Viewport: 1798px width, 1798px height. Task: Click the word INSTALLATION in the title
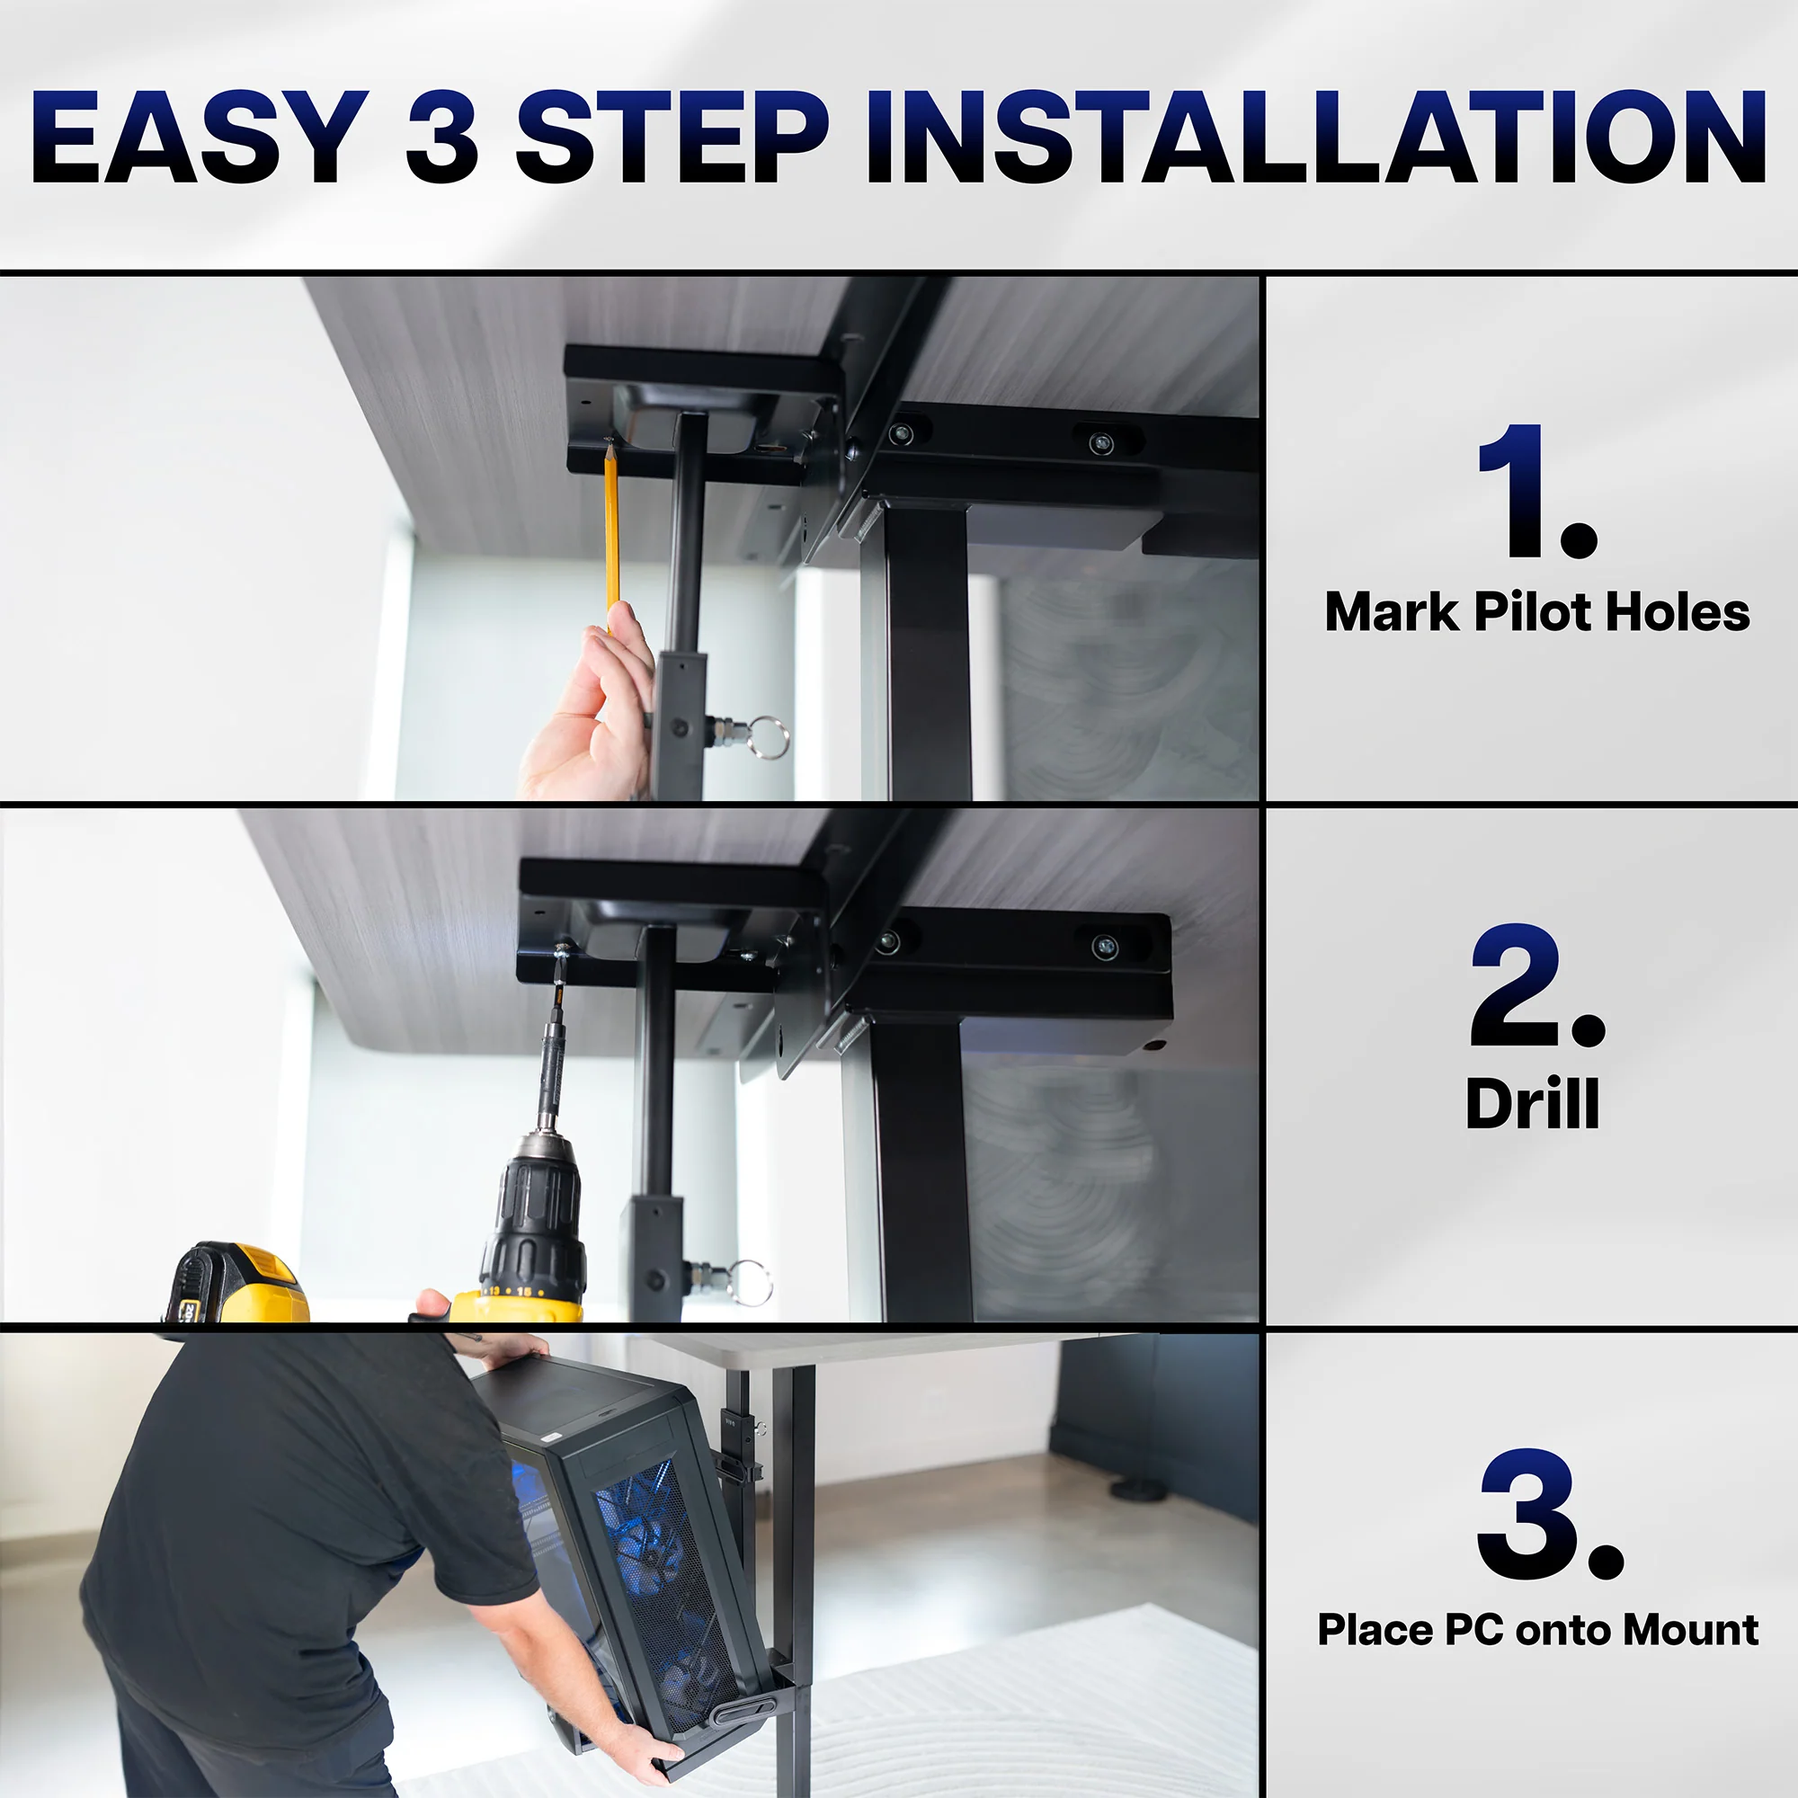click(1314, 138)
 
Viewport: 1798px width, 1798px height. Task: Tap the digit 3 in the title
click(442, 138)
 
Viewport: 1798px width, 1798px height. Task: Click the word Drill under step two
click(1532, 1105)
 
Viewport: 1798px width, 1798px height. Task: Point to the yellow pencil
click(611, 530)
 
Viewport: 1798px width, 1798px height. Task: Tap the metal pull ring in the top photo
click(768, 737)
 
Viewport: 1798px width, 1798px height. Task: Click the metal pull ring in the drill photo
click(750, 1281)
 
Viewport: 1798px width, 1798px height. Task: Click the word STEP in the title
click(672, 138)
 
